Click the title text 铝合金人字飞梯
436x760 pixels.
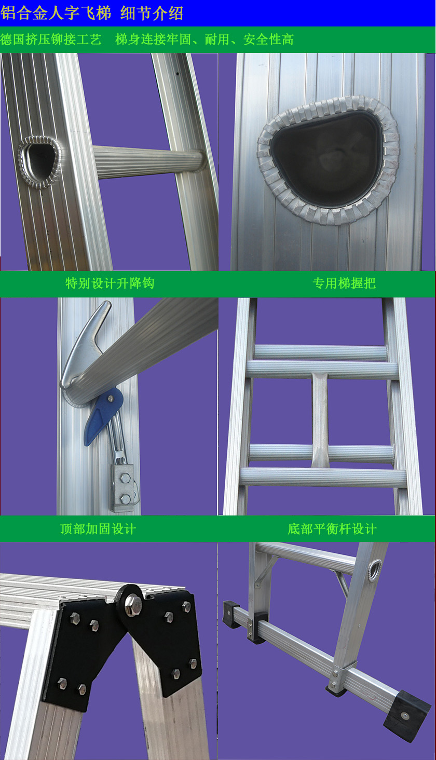[x=56, y=13]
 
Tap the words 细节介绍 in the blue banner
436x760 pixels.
[x=152, y=13]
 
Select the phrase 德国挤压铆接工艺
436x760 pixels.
[x=51, y=39]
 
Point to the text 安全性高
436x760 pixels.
[x=268, y=39]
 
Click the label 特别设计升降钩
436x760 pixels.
[x=110, y=283]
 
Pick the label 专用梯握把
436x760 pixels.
[x=344, y=283]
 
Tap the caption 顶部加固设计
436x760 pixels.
[x=98, y=528]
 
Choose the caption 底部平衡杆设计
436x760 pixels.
[x=332, y=528]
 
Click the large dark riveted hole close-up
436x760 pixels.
[x=328, y=159]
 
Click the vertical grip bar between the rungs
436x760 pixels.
[x=320, y=419]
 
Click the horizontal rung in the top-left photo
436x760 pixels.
[x=149, y=162]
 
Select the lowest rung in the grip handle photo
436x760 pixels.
[x=323, y=477]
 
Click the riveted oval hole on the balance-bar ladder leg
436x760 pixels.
[x=375, y=571]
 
